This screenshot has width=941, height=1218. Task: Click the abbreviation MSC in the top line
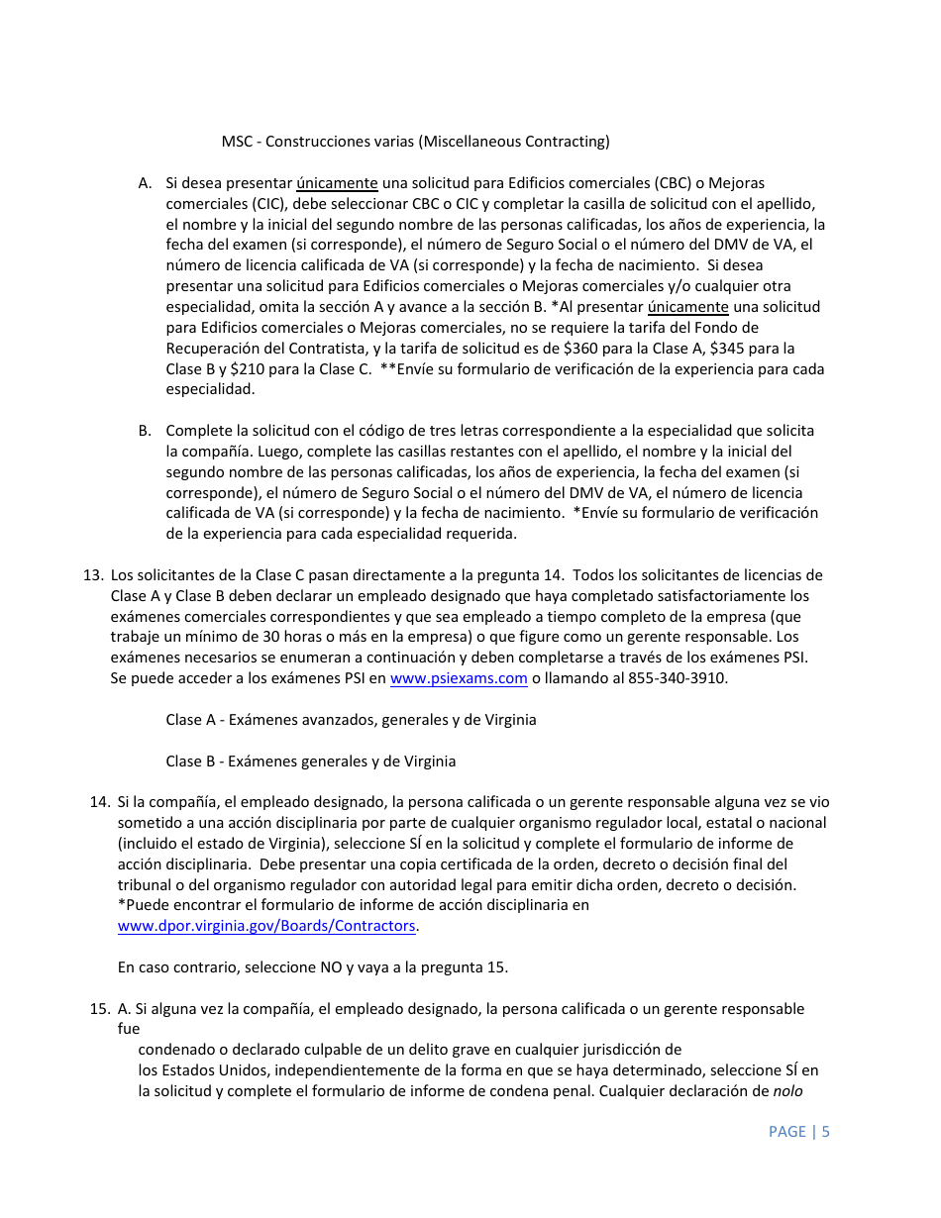point(238,142)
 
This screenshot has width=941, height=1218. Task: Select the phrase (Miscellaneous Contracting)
point(515,142)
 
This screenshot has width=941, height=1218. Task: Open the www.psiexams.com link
point(459,678)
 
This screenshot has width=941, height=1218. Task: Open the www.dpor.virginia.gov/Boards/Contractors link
point(266,926)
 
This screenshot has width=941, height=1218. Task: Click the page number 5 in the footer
point(825,1131)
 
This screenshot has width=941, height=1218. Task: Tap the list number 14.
point(99,802)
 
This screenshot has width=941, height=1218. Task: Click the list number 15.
point(99,1009)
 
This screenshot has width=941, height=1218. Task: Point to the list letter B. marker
point(145,431)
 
